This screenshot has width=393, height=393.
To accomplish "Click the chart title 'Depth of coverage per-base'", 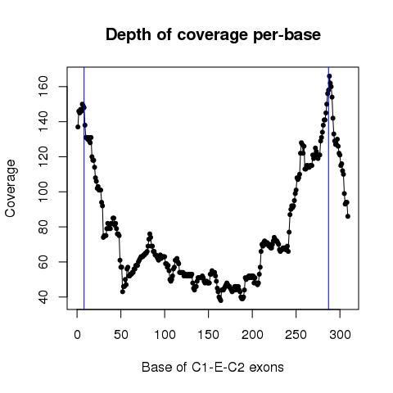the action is pyautogui.click(x=213, y=35).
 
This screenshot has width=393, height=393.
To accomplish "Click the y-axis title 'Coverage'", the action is pyautogui.click(x=11, y=188).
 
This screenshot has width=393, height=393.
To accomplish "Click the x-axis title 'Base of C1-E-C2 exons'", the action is pyautogui.click(x=213, y=367).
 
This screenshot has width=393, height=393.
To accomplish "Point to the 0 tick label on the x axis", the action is pyautogui.click(x=77, y=335).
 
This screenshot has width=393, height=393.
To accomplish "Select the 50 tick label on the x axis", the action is pyautogui.click(x=121, y=335).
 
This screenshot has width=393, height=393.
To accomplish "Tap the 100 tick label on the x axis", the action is pyautogui.click(x=165, y=335).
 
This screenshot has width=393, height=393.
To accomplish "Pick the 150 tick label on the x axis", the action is pyautogui.click(x=209, y=335).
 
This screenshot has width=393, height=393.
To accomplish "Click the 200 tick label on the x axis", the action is pyautogui.click(x=252, y=335).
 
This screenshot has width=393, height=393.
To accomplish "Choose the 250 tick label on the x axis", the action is pyautogui.click(x=296, y=335).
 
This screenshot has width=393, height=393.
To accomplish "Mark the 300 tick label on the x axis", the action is pyautogui.click(x=340, y=335).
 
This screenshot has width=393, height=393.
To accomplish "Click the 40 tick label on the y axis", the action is pyautogui.click(x=43, y=297).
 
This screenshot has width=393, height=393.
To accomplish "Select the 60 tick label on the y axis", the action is pyautogui.click(x=43, y=262).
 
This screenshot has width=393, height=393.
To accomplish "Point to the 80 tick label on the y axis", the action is pyautogui.click(x=43, y=227).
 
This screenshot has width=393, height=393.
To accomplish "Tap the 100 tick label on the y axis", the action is pyautogui.click(x=43, y=192).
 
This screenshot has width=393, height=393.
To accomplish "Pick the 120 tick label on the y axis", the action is pyautogui.click(x=43, y=156).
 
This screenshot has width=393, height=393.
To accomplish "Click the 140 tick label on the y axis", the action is pyautogui.click(x=43, y=122).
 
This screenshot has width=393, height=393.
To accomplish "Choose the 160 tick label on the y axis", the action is pyautogui.click(x=43, y=87).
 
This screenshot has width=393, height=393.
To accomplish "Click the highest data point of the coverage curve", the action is pyautogui.click(x=329, y=76).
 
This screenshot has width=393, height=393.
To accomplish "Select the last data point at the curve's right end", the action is pyautogui.click(x=348, y=216).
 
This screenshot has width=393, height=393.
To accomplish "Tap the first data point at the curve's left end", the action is pyautogui.click(x=78, y=127).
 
